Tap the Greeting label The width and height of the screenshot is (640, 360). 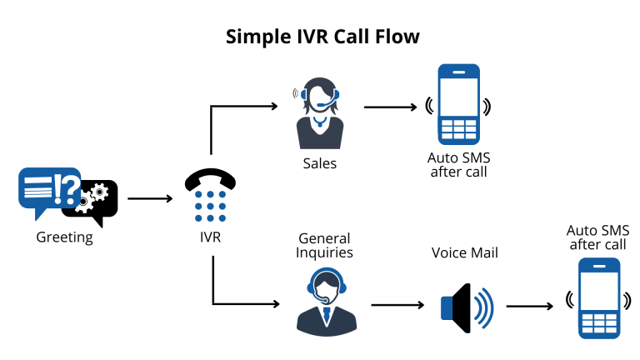tap(64, 237)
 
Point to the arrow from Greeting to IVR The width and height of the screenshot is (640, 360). tap(149, 199)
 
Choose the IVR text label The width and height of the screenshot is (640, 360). tap(210, 237)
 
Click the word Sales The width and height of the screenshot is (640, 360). tap(320, 163)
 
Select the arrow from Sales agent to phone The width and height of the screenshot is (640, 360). tap(390, 107)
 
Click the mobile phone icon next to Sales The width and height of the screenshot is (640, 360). tap(458, 105)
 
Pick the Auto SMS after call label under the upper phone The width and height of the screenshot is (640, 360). tap(458, 165)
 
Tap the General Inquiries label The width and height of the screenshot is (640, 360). tap(324, 246)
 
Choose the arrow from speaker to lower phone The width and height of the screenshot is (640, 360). tap(530, 306)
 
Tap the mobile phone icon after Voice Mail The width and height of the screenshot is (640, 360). tap(600, 297)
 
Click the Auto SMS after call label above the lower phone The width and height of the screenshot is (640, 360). tap(597, 237)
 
